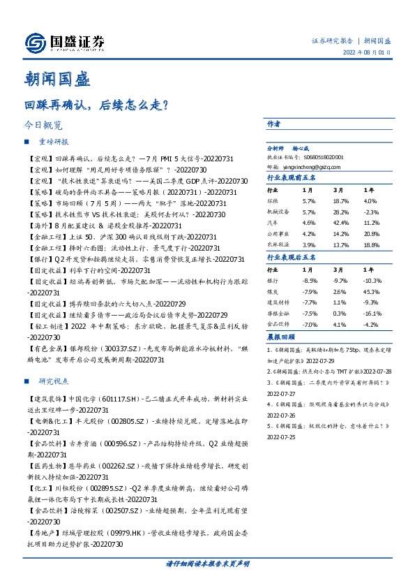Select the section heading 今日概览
(43, 126)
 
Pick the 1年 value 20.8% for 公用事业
(371, 233)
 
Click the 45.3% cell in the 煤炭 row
(371, 291)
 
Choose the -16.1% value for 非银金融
(370, 314)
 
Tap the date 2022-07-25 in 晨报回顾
(282, 436)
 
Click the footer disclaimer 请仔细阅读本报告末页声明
(207, 563)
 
